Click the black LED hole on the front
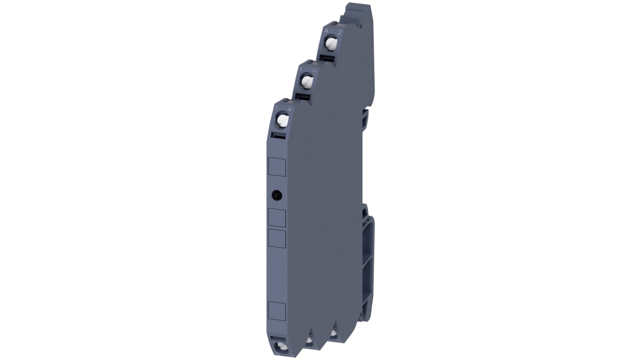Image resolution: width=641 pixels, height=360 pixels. click(x=277, y=195)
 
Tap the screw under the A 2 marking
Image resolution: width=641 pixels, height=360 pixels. click(x=332, y=44)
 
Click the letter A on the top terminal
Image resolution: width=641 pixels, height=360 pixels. click(x=326, y=31)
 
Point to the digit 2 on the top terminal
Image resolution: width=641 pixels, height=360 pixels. click(x=339, y=32)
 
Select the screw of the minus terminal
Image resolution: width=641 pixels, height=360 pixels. click(x=307, y=82)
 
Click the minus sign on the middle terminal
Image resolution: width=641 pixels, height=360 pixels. click(x=314, y=70)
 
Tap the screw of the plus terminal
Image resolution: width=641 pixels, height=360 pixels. click(x=283, y=120)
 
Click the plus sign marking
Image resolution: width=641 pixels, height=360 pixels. click(x=290, y=109)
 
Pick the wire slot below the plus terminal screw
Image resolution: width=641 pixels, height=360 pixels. click(x=278, y=135)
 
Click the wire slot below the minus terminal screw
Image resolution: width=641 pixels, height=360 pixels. click(x=303, y=97)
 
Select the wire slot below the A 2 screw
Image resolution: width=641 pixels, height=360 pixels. click(x=328, y=58)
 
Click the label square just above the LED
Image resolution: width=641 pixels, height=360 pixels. click(x=277, y=167)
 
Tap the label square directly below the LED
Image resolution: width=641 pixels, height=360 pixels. click(x=277, y=218)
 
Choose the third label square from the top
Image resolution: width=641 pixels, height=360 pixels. click(x=277, y=238)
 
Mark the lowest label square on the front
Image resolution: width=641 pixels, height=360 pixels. click(x=277, y=311)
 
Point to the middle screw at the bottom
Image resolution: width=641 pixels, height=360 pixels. click(x=310, y=341)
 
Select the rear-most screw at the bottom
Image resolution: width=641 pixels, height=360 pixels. click(x=333, y=334)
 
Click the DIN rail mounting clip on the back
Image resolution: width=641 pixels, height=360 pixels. click(x=367, y=266)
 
